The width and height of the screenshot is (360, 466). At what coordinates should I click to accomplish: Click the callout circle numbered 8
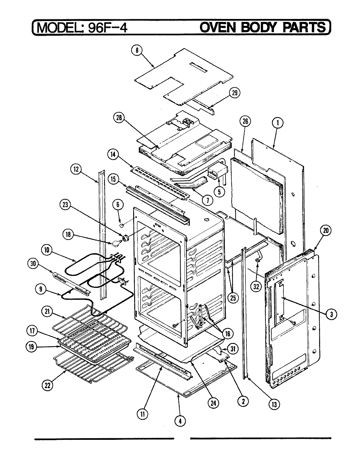pyautogui.click(x=137, y=50)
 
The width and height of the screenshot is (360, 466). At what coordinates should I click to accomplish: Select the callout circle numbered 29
pyautogui.click(x=235, y=93)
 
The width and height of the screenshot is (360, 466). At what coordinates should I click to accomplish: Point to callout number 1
pyautogui.click(x=278, y=123)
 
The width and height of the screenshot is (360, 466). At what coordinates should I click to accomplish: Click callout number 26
pyautogui.click(x=245, y=122)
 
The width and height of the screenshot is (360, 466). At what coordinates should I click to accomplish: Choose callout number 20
pyautogui.click(x=325, y=231)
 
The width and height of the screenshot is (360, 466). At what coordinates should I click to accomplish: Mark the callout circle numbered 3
pyautogui.click(x=331, y=314)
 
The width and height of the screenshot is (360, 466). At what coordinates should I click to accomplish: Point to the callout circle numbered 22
pyautogui.click(x=48, y=385)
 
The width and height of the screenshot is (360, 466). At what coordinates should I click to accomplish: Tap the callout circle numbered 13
pyautogui.click(x=274, y=404)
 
